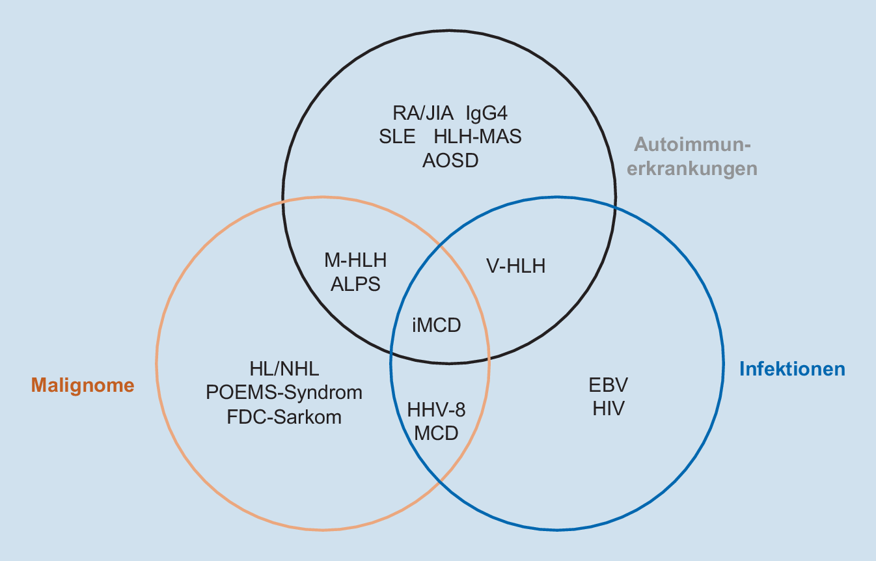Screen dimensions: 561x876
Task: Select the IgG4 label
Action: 486,113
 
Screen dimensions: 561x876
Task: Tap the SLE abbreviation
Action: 397,137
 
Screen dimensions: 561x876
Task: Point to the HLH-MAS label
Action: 478,137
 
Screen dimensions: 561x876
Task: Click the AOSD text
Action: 450,161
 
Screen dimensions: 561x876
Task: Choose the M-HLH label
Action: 355,261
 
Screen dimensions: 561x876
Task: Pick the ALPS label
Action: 355,284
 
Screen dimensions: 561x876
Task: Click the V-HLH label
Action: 516,266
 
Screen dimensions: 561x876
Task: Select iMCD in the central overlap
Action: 437,324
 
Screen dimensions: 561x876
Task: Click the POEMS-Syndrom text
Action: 284,393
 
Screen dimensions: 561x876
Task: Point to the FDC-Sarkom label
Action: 284,417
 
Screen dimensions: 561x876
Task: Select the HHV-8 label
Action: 437,410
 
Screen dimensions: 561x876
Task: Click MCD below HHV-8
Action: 437,433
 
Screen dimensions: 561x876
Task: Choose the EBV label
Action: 609,385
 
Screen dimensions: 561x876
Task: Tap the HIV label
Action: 609,409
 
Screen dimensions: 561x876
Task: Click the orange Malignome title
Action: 83,385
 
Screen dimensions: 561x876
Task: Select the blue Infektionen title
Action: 792,369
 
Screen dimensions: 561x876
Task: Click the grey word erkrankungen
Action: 696,168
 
